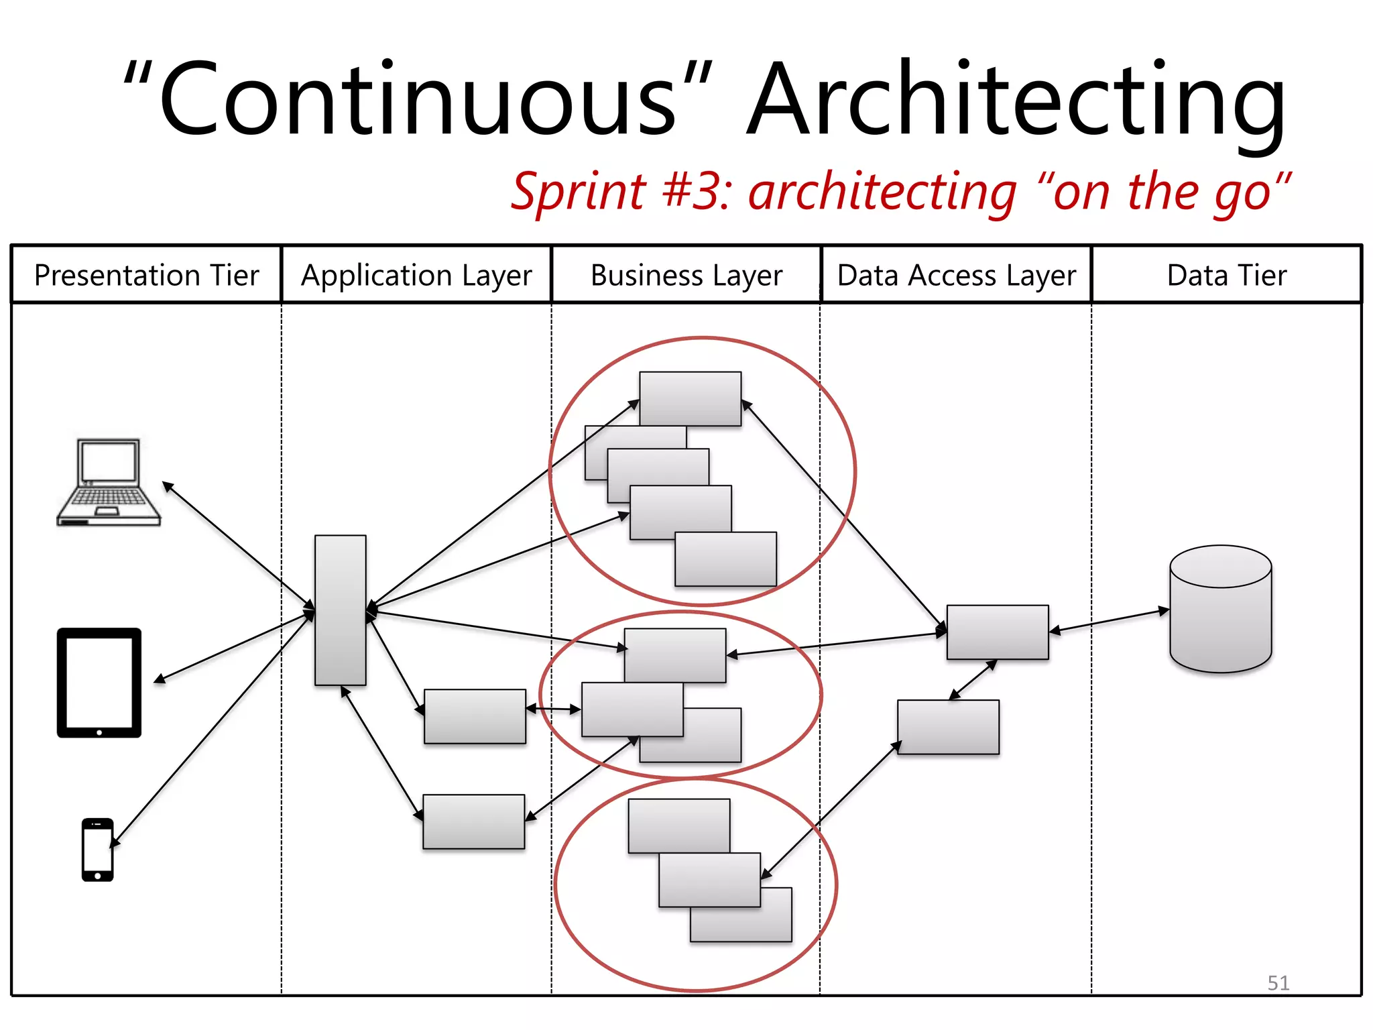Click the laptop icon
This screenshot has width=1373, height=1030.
[109, 483]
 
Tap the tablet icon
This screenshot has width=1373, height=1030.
[99, 683]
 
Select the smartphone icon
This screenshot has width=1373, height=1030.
[97, 849]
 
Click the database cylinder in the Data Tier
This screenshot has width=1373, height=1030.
[1220, 609]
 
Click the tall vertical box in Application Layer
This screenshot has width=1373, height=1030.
[341, 610]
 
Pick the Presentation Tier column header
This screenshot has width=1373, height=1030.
[146, 276]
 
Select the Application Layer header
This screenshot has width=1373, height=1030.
[416, 276]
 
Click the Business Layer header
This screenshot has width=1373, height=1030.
[686, 276]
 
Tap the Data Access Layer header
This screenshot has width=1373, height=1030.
[957, 276]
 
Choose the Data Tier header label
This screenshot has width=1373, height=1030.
[1227, 276]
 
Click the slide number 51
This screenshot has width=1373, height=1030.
[1278, 983]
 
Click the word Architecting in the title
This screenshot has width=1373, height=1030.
[1016, 101]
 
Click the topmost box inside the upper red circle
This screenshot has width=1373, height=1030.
[691, 398]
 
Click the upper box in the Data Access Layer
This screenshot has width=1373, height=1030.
[998, 632]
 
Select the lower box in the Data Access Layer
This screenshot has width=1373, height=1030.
[948, 727]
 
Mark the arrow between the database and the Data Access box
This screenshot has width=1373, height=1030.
[1110, 620]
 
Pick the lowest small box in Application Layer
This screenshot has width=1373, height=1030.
[473, 821]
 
